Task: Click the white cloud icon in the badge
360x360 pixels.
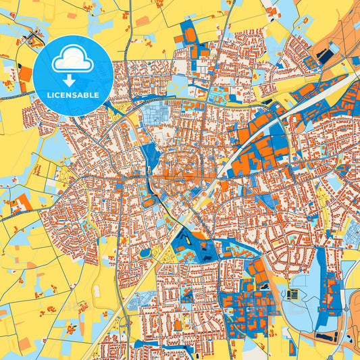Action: [x=73, y=59]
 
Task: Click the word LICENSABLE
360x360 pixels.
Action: [x=73, y=95]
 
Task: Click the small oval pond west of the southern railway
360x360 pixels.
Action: [x=145, y=253]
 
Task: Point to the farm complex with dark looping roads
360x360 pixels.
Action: [x=30, y=40]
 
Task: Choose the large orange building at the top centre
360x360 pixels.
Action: [x=190, y=34]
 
